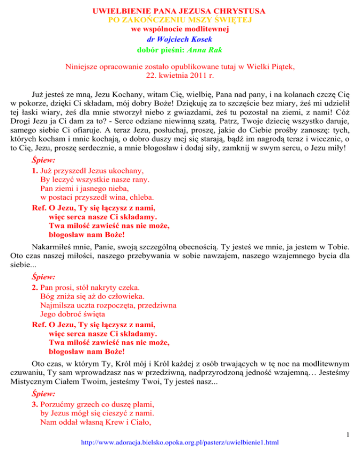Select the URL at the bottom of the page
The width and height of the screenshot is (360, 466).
coord(180,455)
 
